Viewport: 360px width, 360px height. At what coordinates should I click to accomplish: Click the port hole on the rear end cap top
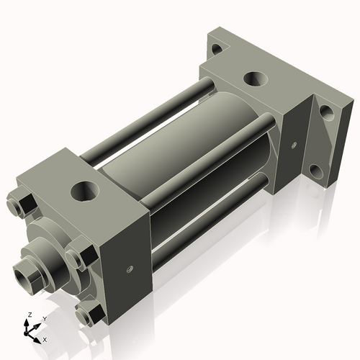tap(254, 78)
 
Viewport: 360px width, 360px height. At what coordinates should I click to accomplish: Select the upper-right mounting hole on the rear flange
tap(325, 112)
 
